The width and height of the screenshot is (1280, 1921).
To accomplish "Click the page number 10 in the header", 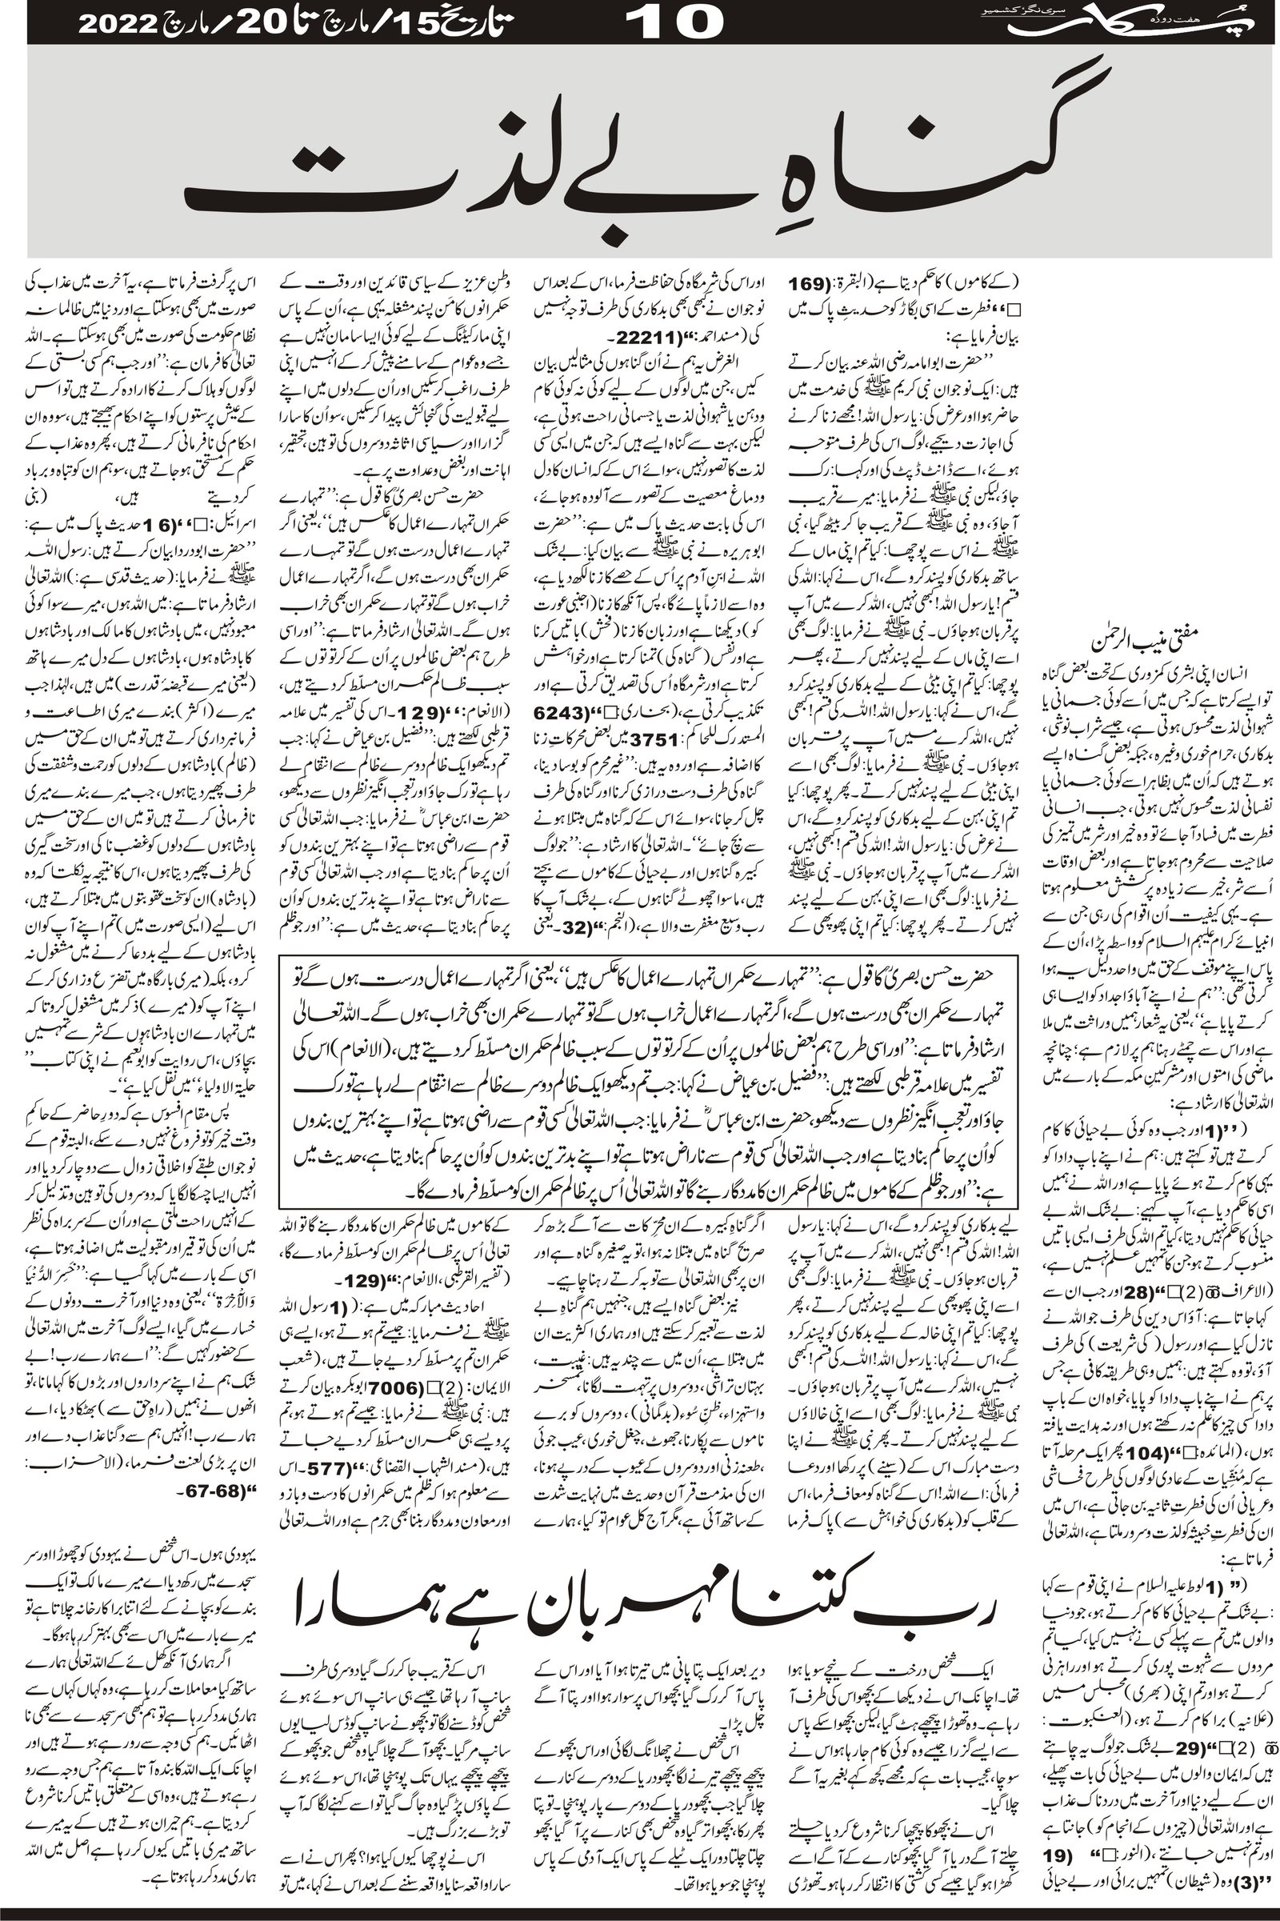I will [x=678, y=22].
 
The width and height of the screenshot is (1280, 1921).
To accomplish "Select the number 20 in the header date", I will [x=244, y=23].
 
